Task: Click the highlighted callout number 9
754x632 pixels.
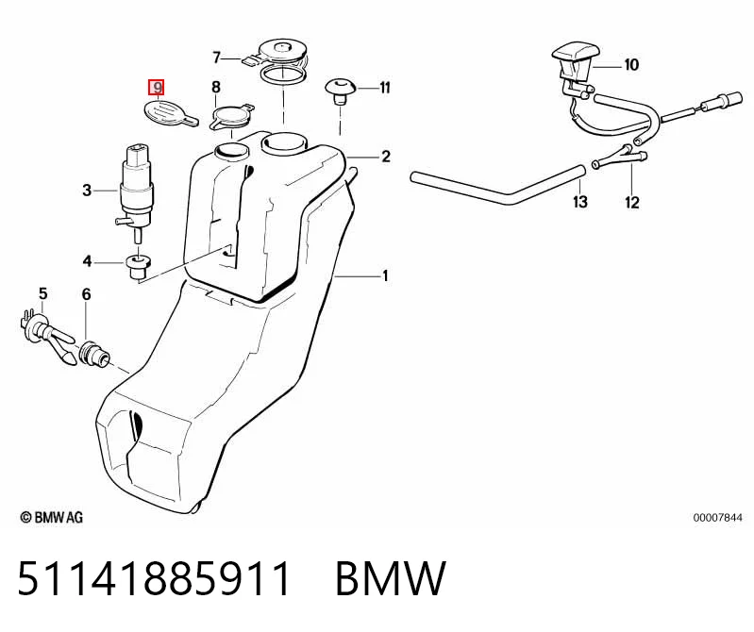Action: click(157, 88)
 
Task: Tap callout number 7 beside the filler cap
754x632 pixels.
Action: click(216, 58)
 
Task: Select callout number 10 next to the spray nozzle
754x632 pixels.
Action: click(631, 64)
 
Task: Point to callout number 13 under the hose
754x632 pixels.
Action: click(580, 201)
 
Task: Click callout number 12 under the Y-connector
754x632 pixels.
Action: click(632, 203)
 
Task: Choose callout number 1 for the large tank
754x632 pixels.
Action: click(385, 275)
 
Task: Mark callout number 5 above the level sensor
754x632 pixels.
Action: click(43, 293)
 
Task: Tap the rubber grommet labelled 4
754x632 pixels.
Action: click(138, 267)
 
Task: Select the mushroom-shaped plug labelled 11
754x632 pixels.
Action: click(341, 91)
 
